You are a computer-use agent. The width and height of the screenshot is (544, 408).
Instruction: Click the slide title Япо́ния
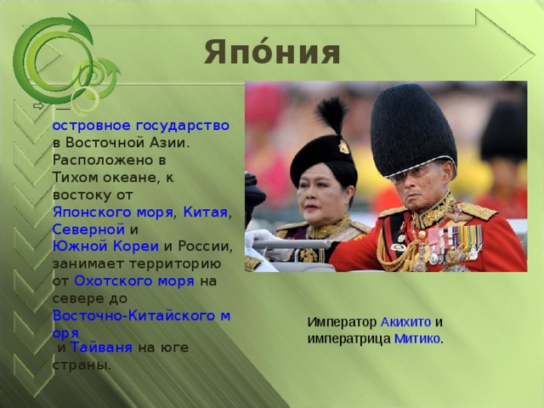click(x=272, y=52)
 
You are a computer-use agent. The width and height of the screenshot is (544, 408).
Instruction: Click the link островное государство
click(x=141, y=125)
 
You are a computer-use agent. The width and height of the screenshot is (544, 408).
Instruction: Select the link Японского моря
click(x=113, y=212)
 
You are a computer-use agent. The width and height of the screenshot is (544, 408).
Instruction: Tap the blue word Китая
click(x=205, y=212)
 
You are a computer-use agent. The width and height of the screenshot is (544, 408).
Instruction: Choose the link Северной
click(x=88, y=229)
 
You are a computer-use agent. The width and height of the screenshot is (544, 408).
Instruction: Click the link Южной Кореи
click(x=105, y=246)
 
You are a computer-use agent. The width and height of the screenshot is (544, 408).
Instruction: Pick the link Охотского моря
click(x=134, y=281)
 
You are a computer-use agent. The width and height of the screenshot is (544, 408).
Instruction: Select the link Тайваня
click(x=101, y=348)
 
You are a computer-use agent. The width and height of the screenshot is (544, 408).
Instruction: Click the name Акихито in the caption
click(x=405, y=322)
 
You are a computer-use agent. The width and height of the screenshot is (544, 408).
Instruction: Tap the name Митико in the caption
click(x=417, y=338)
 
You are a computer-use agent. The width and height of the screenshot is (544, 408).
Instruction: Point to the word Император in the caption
click(x=342, y=322)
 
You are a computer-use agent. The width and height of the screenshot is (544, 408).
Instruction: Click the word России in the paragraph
click(x=204, y=246)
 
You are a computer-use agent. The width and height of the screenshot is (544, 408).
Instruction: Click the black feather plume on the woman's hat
click(x=331, y=115)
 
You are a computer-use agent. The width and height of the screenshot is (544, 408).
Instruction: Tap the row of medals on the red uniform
click(x=455, y=242)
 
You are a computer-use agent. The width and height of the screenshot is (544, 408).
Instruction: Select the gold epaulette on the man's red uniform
click(x=476, y=210)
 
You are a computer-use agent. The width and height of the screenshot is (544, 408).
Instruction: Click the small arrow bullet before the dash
click(x=38, y=105)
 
